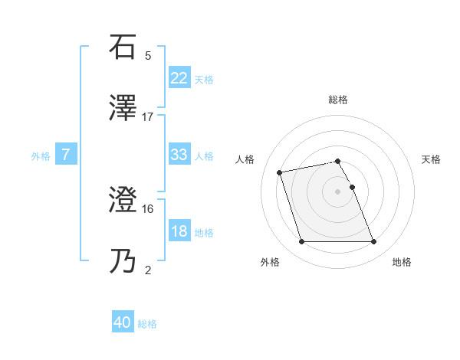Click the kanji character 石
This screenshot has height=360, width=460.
(124, 47)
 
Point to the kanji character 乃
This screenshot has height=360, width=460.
(124, 260)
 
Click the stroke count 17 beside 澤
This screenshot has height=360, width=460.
(148, 116)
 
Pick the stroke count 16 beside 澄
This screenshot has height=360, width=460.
(148, 208)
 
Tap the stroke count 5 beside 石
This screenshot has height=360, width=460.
(148, 56)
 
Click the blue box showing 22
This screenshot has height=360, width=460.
(179, 78)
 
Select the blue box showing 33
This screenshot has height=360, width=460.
(179, 155)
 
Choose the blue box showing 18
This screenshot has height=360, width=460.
(179, 231)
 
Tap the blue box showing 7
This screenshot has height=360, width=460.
(66, 155)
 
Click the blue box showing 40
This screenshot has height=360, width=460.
(123, 323)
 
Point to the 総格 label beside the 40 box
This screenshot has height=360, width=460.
(147, 324)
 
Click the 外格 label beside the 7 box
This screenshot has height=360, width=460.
(41, 156)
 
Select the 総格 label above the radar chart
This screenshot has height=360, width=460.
(338, 100)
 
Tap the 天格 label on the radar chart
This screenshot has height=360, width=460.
(432, 159)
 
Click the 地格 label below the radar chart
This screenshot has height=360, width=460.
(402, 262)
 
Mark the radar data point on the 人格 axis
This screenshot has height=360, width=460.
(280, 172)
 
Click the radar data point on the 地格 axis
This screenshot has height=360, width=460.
(373, 242)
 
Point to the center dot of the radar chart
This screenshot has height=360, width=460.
(338, 191)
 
